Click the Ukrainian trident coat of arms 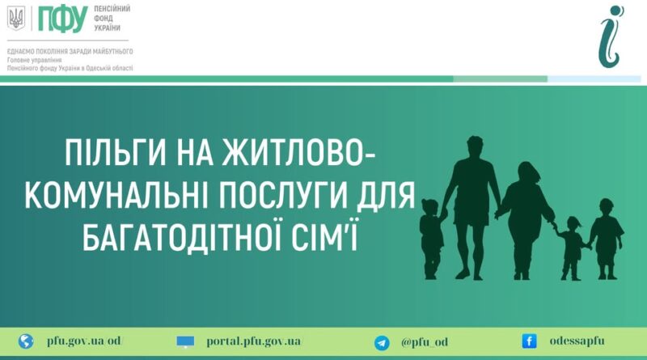(x=16, y=18)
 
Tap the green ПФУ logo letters (x=63, y=19)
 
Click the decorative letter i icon (x=611, y=36)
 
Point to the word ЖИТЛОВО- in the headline (x=298, y=152)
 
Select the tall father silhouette (x=472, y=206)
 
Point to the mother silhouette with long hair (x=525, y=218)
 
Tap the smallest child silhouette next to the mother (x=572, y=248)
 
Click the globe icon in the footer (x=26, y=341)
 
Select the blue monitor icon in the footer (x=185, y=342)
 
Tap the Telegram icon (x=382, y=343)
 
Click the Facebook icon (x=529, y=341)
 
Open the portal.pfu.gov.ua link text (x=254, y=342)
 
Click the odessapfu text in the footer (x=577, y=341)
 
